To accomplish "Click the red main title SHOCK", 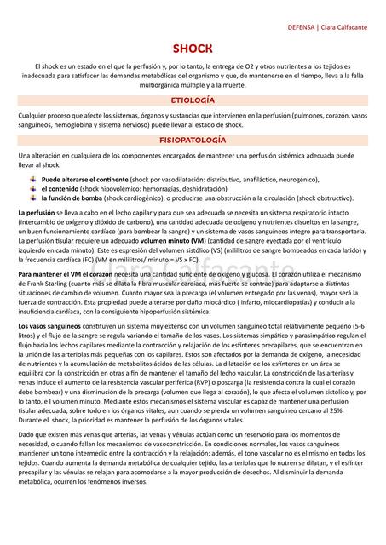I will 193,49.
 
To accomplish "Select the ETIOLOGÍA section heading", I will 193,100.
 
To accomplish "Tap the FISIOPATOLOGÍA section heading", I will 193,138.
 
